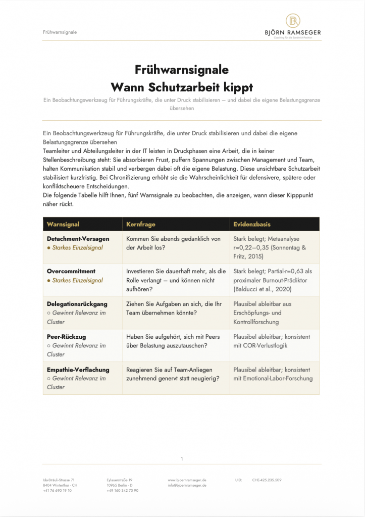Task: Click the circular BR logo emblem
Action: click(x=293, y=21)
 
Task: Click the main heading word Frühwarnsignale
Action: click(x=182, y=69)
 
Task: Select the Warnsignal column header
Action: click(x=63, y=224)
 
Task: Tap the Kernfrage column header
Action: click(x=141, y=224)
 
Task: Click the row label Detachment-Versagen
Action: click(x=78, y=239)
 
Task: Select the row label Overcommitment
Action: click(x=71, y=271)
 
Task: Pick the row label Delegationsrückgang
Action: click(x=77, y=304)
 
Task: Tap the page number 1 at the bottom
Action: click(x=182, y=459)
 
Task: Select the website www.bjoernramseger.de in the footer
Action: click(x=187, y=480)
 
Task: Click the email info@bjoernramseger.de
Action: click(x=187, y=485)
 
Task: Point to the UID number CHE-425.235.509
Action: click(x=267, y=480)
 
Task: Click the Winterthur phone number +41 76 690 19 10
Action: click(x=58, y=491)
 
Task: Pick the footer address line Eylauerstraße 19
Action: click(x=120, y=480)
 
